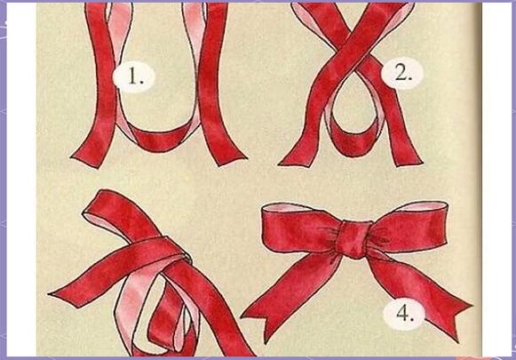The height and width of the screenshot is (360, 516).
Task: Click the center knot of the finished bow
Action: click(354, 239)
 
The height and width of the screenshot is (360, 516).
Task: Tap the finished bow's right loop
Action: click(411, 228)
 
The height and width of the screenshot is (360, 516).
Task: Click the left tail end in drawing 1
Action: click(86, 159)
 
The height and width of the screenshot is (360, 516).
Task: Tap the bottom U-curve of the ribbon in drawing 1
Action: click(159, 140)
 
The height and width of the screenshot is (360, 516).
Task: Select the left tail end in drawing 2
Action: click(296, 161)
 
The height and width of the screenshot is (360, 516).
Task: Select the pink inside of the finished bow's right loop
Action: click(425, 207)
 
